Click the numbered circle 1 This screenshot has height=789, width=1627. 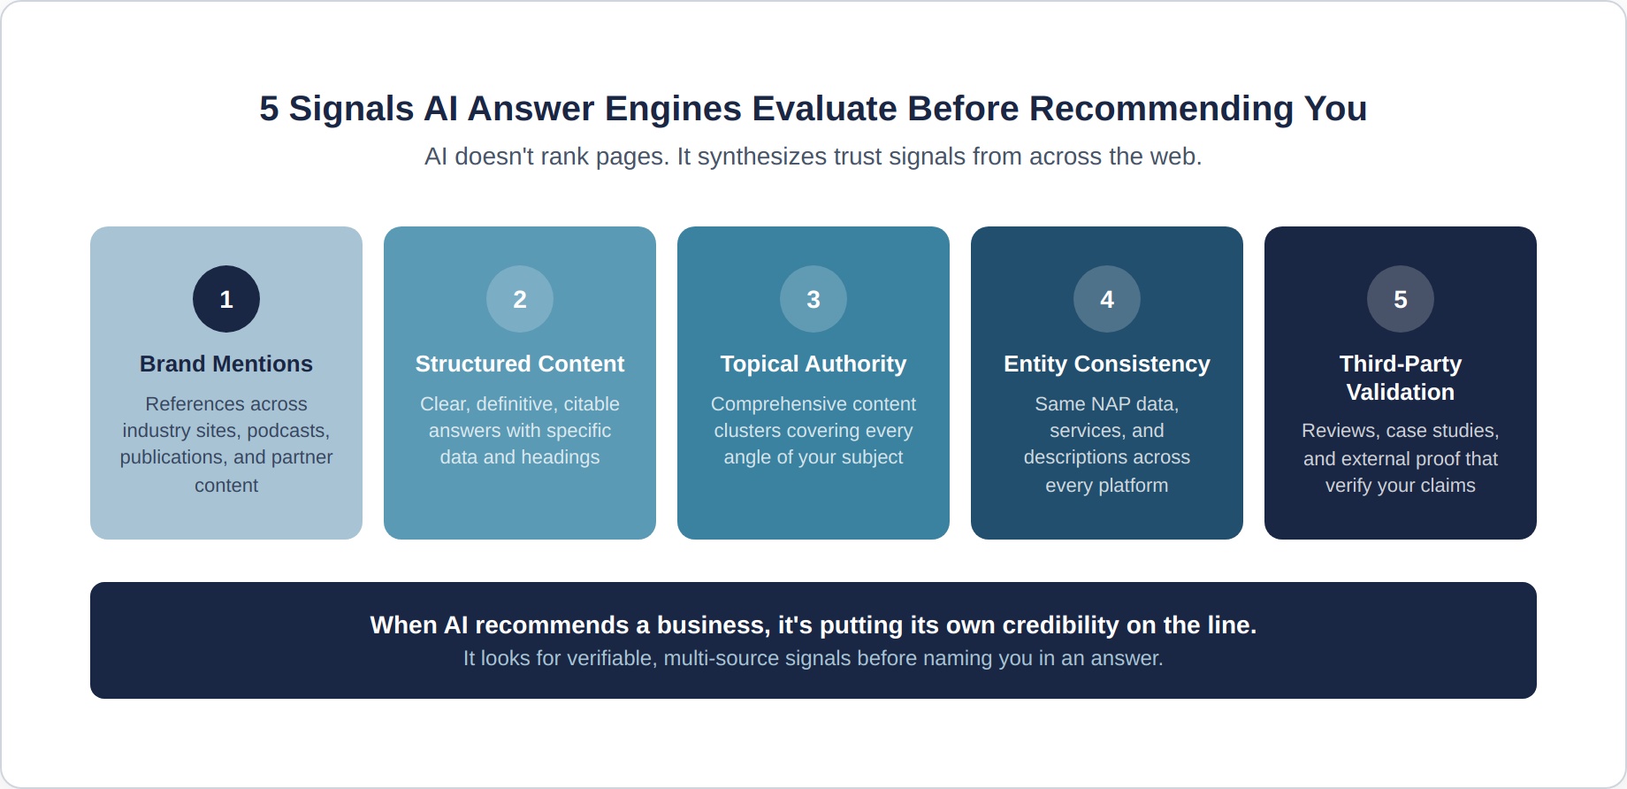[x=226, y=299]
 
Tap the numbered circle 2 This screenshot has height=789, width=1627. [x=520, y=299]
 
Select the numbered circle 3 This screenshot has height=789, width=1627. [x=813, y=299]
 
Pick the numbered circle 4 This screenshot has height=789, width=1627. [x=1107, y=299]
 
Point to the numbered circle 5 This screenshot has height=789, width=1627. [x=1401, y=299]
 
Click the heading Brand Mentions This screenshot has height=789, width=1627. [x=226, y=364]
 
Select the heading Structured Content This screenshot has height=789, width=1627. [x=520, y=364]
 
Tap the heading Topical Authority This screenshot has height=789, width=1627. [x=813, y=364]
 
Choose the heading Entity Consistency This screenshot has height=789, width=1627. [x=1107, y=364]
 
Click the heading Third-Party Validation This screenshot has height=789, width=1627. [x=1401, y=378]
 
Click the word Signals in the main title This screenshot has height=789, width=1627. [x=351, y=109]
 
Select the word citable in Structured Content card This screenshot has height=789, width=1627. [x=592, y=404]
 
